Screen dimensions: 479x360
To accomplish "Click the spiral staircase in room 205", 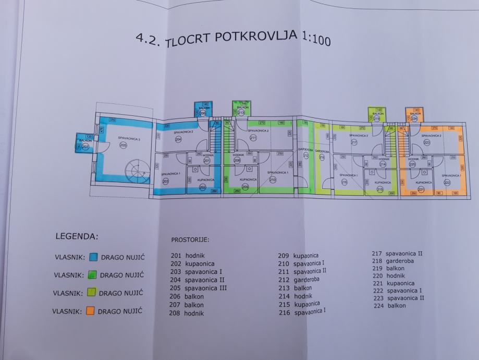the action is pos(136,170).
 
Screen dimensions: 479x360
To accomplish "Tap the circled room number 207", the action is pos(85,147).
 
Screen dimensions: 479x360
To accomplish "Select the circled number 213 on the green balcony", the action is pos(241,112).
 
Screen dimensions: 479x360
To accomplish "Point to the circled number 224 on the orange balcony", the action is pos(415,118).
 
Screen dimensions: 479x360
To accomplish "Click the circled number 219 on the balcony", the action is pos(377,118).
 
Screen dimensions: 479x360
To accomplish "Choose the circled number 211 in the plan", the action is pos(254,138).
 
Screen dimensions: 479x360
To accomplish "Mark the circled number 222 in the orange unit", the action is pos(447,183).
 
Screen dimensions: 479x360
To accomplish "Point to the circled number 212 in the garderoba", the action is pos(306,155).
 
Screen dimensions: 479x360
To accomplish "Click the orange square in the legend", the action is pos(91,311).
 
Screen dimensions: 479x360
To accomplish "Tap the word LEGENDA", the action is pos(76,236).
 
